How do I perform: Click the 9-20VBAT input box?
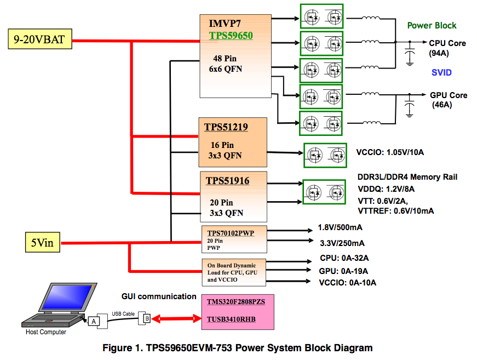click(x=40, y=40)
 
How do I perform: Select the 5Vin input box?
click(x=42, y=242)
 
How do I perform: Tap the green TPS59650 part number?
click(x=231, y=36)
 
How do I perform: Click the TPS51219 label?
click(x=226, y=127)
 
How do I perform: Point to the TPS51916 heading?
click(x=227, y=180)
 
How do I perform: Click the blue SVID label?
click(x=441, y=72)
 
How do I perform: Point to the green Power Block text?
click(x=432, y=26)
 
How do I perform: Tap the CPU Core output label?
click(x=447, y=43)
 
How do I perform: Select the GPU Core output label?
click(x=449, y=95)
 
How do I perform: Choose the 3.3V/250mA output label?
click(x=341, y=243)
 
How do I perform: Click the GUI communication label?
click(x=159, y=296)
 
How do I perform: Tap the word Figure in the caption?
click(x=119, y=348)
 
